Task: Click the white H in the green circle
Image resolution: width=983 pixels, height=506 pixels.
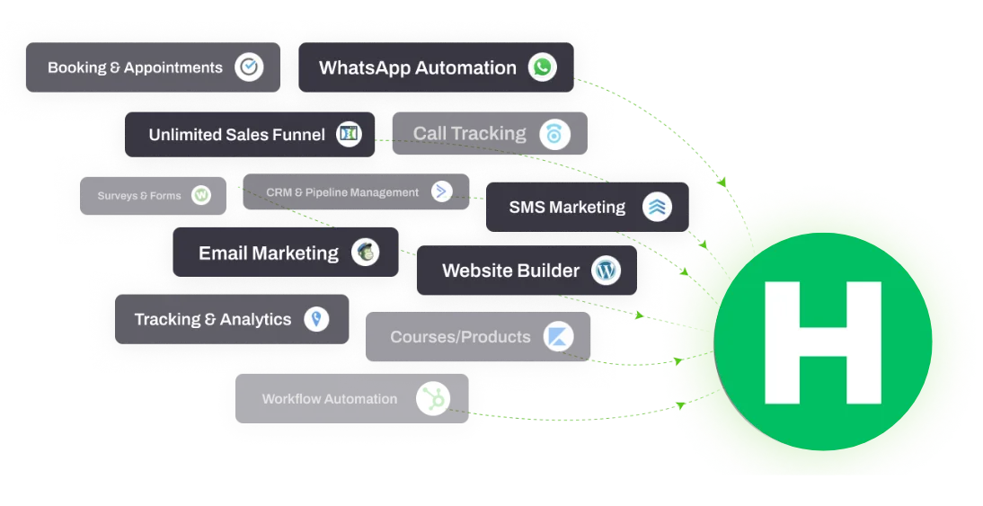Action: tap(822, 342)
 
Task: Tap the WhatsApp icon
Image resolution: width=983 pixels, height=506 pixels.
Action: tap(542, 67)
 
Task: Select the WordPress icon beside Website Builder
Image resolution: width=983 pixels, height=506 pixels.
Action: tap(606, 270)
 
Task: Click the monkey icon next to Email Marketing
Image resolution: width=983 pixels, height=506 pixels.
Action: tap(365, 253)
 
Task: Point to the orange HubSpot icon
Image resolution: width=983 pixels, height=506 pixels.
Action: tap(433, 398)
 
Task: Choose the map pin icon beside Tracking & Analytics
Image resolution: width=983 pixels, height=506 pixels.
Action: tap(316, 319)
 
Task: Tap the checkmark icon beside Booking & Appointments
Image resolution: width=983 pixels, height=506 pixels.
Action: tap(249, 67)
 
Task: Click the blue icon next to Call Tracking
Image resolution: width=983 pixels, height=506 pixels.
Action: tap(555, 134)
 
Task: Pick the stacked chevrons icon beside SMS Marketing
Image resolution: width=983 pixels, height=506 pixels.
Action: tap(658, 207)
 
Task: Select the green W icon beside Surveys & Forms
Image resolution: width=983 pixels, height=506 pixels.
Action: tap(201, 195)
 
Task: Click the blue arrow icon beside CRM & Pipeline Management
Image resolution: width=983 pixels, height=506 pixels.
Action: tap(441, 191)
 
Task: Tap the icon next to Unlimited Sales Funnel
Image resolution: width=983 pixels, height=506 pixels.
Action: tap(349, 135)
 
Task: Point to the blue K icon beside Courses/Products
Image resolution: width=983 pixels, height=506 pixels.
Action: tap(557, 337)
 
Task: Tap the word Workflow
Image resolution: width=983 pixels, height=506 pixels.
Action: tap(291, 399)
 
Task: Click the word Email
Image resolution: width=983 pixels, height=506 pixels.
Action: tap(223, 253)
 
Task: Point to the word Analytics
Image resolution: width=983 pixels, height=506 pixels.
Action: tap(256, 319)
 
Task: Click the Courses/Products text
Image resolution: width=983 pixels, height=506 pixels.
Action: tap(460, 337)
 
